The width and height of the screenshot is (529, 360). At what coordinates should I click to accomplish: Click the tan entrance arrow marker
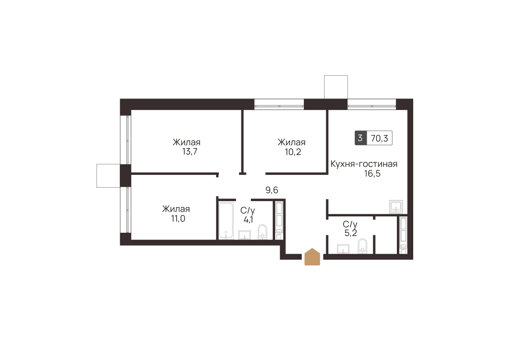312,257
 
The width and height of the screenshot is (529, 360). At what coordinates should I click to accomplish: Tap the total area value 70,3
380,138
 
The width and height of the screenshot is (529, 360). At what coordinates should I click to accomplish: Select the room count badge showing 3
360,138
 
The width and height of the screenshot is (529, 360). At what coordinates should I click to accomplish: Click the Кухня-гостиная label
364,164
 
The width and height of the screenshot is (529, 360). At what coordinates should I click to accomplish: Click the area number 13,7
190,152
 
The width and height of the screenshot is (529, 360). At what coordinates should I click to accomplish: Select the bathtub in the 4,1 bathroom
226,220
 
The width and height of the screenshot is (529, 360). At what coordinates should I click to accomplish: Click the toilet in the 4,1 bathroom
262,232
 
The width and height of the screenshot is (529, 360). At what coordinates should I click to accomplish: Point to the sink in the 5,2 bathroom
343,248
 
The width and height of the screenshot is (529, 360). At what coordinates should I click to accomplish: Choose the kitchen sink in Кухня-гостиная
396,206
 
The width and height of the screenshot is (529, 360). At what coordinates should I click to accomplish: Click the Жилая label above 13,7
187,143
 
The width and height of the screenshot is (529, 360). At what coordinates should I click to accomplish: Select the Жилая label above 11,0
176,209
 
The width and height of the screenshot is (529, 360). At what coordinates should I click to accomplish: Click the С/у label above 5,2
350,224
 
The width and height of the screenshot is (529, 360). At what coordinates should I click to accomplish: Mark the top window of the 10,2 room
279,104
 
